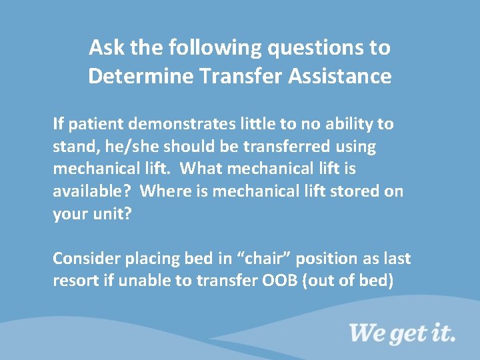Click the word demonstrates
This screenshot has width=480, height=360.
coord(188,124)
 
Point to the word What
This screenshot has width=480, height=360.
coord(203,169)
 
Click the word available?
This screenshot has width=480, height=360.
coord(92,192)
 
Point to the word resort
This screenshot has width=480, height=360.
coord(75,281)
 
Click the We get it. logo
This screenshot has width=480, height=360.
coord(401,332)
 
